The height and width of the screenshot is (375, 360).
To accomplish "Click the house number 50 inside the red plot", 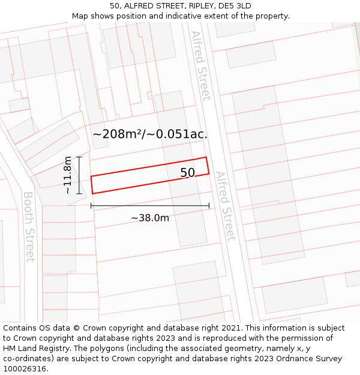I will [188, 173].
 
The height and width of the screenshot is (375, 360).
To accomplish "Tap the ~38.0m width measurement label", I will [150, 218].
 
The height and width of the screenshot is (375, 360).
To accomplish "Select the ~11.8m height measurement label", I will [68, 175].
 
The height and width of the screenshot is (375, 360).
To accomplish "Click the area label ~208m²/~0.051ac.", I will [150, 134].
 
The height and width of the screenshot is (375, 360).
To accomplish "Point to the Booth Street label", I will [29, 226].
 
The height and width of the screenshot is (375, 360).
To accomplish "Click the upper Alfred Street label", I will [201, 65].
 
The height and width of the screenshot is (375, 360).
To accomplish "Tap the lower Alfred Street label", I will [226, 206].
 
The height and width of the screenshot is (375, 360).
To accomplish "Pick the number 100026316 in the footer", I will [24, 369].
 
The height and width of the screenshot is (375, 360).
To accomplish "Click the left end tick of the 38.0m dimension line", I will [91, 206].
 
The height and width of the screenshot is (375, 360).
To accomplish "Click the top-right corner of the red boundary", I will [206, 158].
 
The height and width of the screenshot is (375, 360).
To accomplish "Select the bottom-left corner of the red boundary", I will [92, 193].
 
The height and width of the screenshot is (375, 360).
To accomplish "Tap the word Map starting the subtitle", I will [80, 16].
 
